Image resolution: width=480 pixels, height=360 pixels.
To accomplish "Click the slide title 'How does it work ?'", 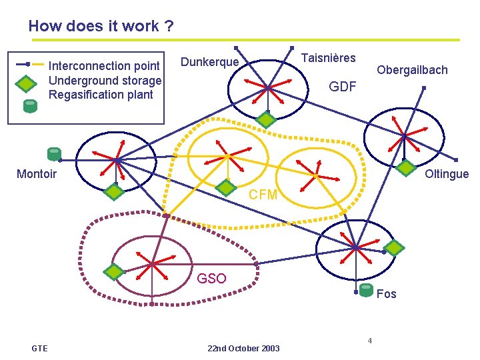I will point(101,27).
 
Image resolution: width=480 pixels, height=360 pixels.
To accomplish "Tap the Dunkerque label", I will point(209,62).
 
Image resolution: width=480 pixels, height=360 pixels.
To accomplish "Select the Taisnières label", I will point(329,58).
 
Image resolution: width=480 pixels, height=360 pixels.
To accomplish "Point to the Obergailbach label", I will point(412,69).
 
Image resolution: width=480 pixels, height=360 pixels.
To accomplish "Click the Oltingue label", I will point(447,175).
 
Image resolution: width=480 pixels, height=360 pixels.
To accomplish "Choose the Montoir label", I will point(36,175).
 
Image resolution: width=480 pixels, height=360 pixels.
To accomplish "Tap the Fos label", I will point(386,294).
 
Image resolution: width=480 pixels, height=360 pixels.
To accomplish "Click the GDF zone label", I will point(343,87).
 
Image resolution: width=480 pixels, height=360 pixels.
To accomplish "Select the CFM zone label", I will point(263,195).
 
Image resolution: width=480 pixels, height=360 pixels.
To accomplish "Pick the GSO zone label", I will point(211,279).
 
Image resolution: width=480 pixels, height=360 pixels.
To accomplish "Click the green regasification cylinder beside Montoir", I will point(53,155).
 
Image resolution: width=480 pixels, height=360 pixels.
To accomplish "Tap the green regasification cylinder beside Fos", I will point(366,289).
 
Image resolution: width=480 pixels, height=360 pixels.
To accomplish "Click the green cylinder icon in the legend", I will point(29,105).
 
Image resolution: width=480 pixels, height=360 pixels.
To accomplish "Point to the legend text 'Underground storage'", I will point(105,81).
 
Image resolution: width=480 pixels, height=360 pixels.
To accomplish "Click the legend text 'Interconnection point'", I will point(105,66).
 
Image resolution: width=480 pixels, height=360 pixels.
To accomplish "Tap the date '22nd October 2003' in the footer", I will point(243,349).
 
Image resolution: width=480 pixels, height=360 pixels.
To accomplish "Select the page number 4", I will point(369,341).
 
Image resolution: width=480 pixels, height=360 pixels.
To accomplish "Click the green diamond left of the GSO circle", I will point(114,272).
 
